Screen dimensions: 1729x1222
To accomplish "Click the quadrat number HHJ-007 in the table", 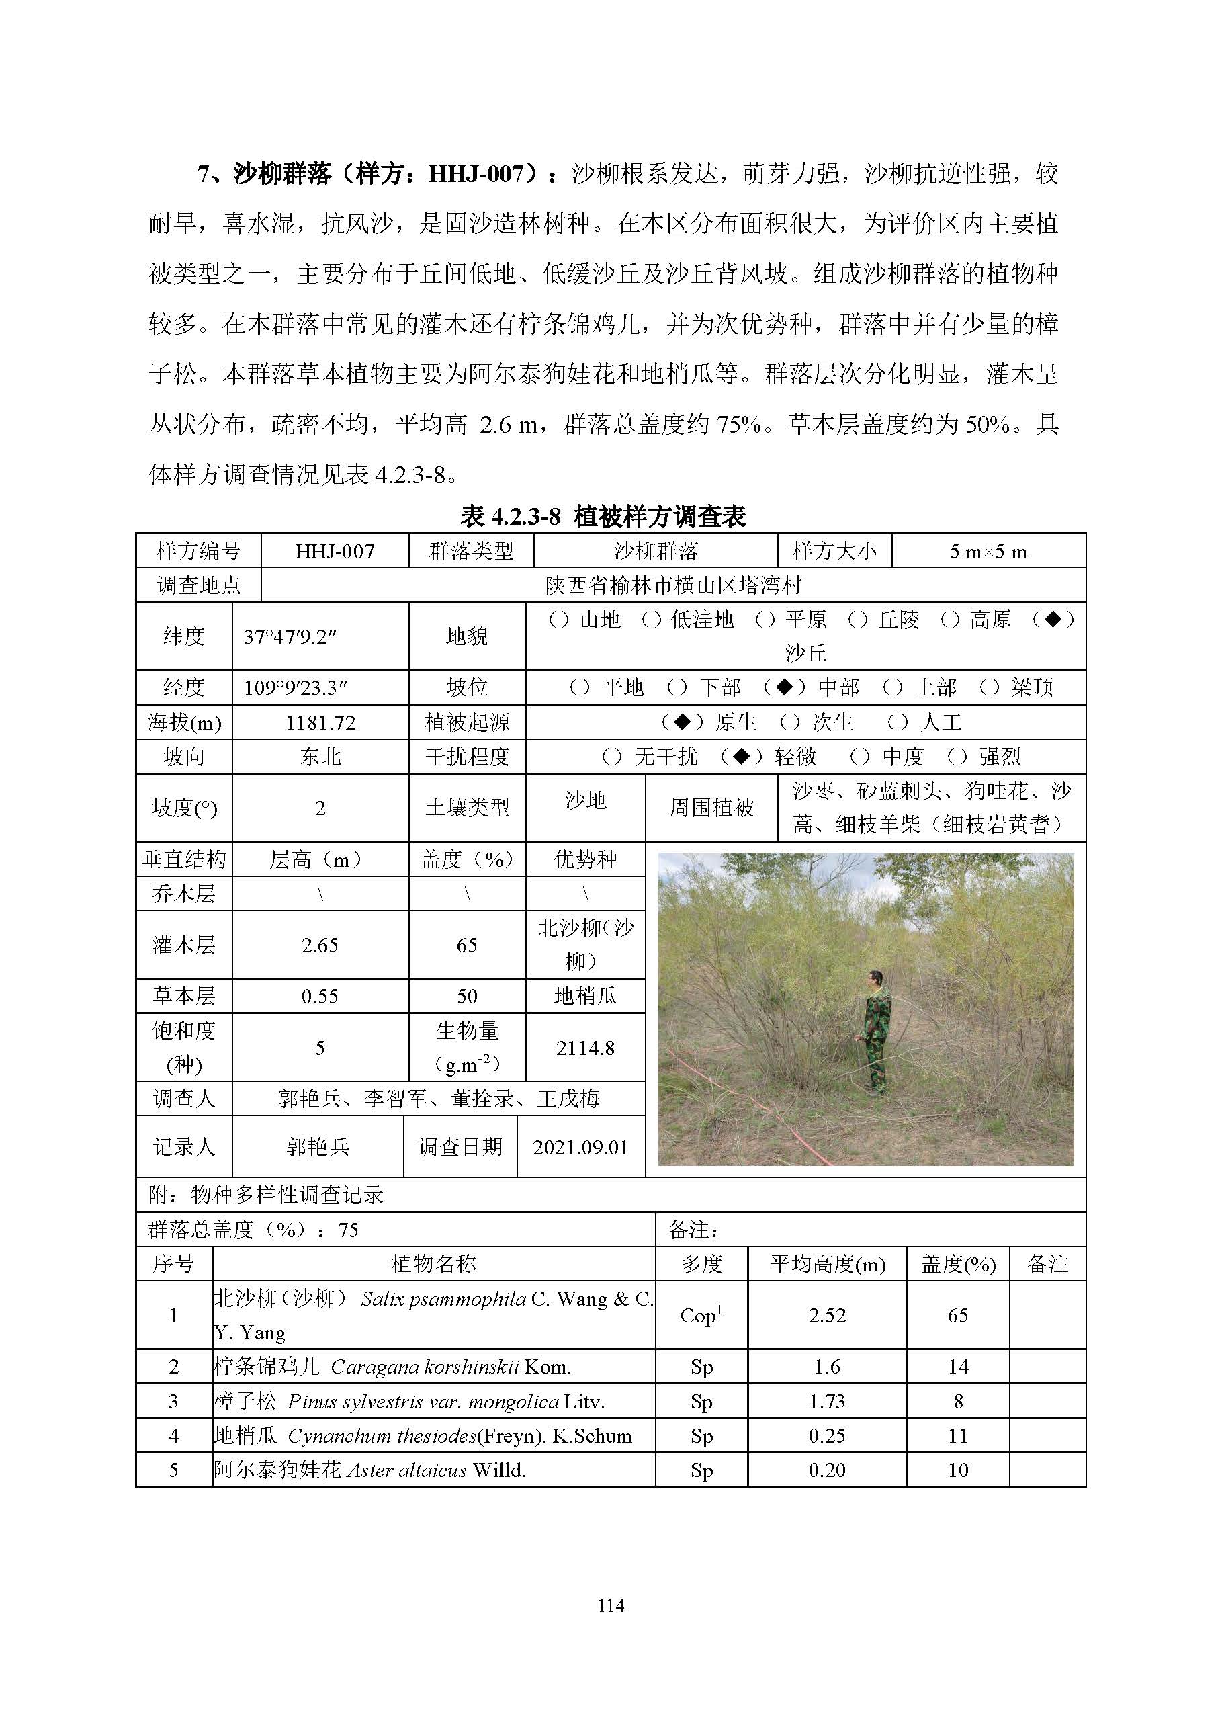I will point(335,551).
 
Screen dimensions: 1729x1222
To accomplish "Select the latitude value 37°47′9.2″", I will point(290,636).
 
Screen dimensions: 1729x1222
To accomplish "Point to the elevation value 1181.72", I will point(320,723).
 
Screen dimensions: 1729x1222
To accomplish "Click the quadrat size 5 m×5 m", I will point(988,551).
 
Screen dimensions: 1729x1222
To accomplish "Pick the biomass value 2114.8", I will point(585,1048).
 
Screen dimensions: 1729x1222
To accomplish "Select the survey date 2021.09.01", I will point(580,1147).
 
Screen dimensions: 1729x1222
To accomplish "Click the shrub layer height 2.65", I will point(320,945).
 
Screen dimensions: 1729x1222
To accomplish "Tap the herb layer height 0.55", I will point(320,997).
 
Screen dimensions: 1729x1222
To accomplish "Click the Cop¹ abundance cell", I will point(701,1316).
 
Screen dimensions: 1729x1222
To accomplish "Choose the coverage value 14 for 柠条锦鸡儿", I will point(958,1367).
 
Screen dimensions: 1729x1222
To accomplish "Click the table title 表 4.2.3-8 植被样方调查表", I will point(603,517).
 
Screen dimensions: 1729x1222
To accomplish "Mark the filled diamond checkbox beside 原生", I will point(681,722).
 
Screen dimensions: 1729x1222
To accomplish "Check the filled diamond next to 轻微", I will point(742,756).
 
